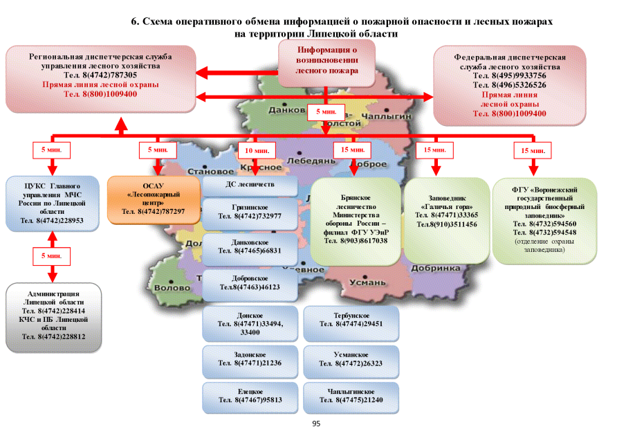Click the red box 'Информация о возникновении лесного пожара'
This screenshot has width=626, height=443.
[326, 60]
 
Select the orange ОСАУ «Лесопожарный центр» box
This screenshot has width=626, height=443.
[153, 199]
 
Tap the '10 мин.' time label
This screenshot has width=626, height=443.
[256, 150]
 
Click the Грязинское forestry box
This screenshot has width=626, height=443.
[250, 212]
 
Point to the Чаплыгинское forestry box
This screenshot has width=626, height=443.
[351, 396]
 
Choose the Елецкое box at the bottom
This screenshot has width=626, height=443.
[250, 396]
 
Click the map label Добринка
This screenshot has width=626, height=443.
[435, 268]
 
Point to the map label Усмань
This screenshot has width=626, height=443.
[367, 282]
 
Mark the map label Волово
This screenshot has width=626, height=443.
[172, 287]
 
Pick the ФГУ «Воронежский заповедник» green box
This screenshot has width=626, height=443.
[544, 219]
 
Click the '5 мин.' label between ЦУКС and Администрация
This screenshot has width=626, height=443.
[53, 256]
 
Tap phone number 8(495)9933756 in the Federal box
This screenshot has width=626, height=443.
[509, 75]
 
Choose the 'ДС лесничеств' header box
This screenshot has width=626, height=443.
[250, 185]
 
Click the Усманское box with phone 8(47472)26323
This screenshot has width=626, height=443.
[351, 358]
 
